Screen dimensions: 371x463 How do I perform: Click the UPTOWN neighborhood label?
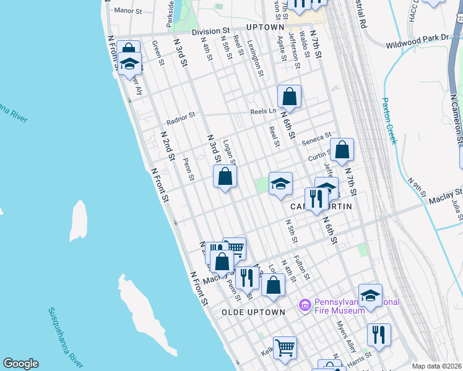click(x=265, y=28)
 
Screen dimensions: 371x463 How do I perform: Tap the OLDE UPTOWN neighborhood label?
click(x=253, y=312)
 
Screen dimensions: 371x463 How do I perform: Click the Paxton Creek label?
click(x=388, y=121)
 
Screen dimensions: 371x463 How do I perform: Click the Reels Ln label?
click(x=263, y=112)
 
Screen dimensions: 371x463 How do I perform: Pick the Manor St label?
click(x=128, y=11)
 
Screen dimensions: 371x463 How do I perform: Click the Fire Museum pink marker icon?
click(x=304, y=305)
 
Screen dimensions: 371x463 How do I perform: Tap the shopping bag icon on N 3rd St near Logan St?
click(x=225, y=177)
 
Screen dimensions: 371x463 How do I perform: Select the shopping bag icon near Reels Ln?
click(x=289, y=96)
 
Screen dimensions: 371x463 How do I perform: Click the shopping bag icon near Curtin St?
click(x=342, y=150)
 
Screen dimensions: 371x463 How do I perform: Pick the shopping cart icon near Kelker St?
click(x=285, y=347)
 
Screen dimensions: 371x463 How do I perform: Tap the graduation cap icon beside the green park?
click(x=280, y=183)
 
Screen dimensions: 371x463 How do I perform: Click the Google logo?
click(x=20, y=364)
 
